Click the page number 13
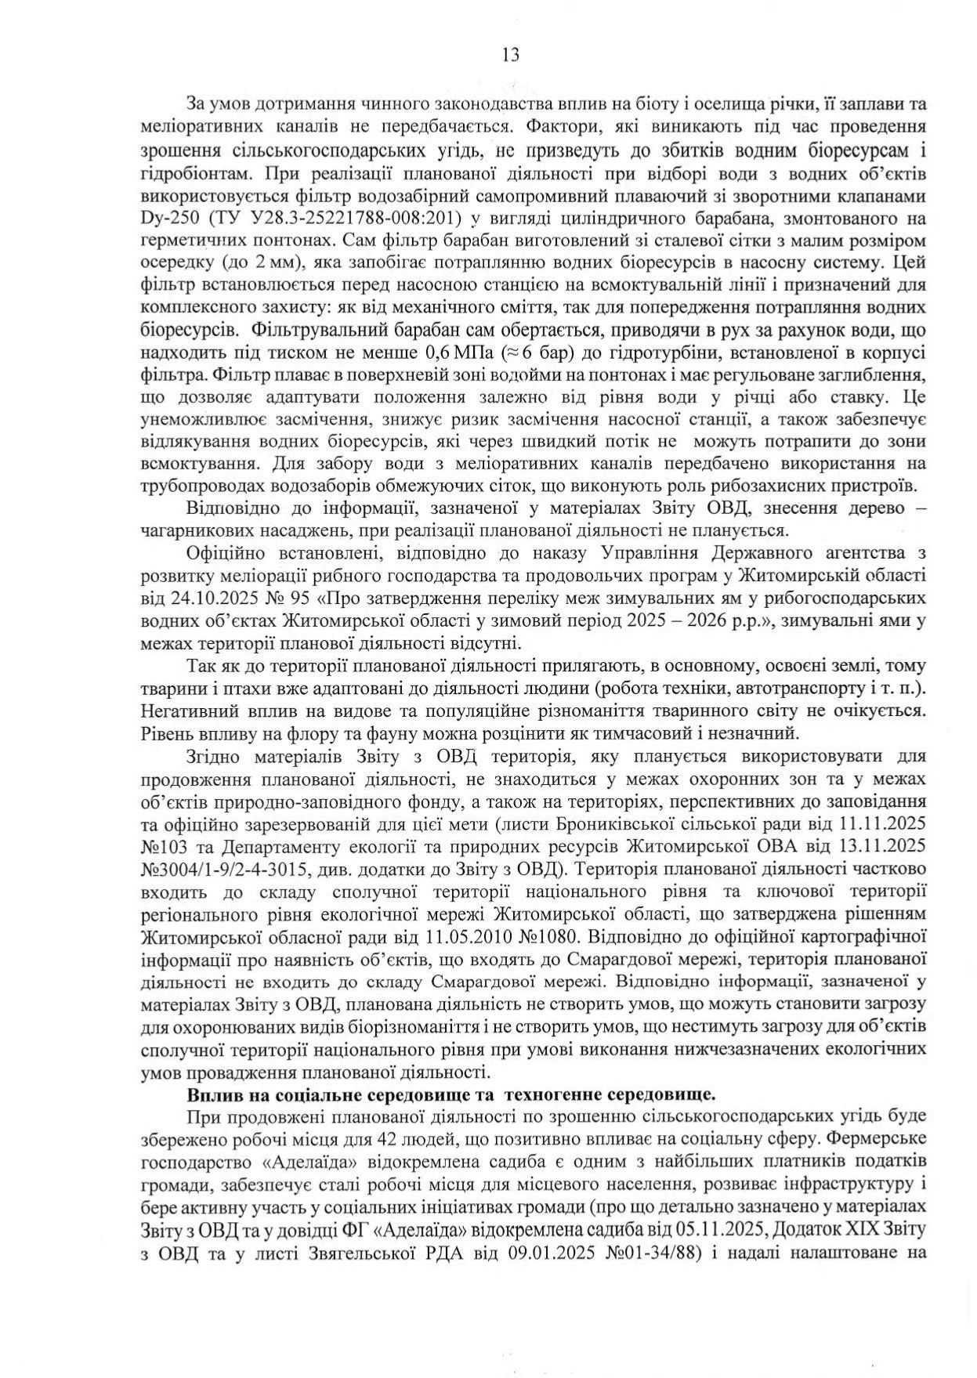point(510,55)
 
